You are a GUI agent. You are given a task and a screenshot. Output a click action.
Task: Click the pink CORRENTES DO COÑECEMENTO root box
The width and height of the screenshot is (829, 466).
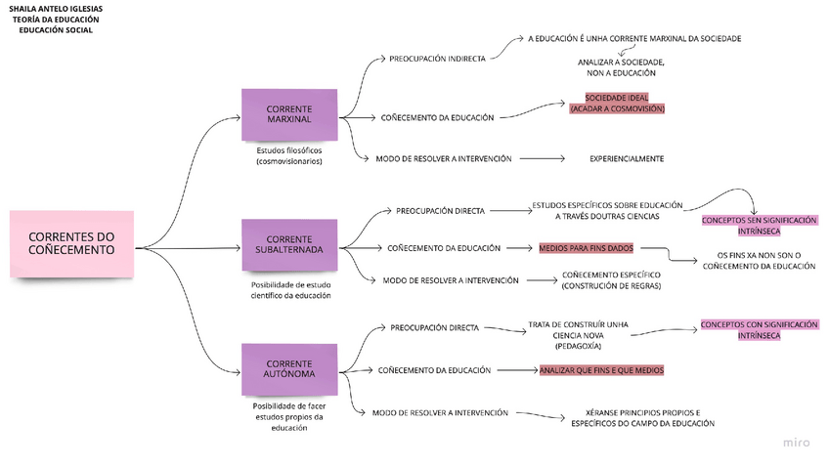(72, 243)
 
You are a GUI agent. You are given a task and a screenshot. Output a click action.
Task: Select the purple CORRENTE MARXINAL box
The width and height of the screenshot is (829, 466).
(289, 114)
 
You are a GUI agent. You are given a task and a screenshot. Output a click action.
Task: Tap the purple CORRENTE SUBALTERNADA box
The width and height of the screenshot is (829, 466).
(289, 244)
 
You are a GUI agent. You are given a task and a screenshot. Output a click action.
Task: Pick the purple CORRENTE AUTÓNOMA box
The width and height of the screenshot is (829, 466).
(289, 368)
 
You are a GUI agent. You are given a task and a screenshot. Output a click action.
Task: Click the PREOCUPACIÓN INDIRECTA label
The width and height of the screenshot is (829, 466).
(437, 59)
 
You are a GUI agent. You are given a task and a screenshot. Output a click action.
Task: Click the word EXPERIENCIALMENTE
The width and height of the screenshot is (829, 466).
(627, 158)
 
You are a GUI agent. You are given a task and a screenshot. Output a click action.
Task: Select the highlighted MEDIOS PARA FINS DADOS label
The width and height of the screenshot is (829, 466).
(586, 248)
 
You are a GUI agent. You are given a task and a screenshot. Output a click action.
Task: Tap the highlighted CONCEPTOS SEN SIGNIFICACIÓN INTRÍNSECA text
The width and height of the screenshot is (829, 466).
(760, 226)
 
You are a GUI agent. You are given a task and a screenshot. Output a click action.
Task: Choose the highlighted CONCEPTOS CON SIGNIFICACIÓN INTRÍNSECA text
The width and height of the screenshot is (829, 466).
(760, 329)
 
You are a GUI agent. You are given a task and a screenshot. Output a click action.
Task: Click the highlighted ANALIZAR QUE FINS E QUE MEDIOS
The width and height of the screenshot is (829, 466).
(601, 370)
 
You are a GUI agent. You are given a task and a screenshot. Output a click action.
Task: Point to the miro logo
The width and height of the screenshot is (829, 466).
(796, 443)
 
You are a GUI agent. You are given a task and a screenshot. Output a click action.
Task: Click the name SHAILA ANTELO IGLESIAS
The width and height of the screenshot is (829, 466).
(56, 9)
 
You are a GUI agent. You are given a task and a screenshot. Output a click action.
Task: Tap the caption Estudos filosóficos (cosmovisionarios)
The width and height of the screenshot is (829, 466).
(289, 156)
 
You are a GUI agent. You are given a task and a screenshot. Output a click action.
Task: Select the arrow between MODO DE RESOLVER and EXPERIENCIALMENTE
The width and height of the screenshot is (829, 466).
(542, 158)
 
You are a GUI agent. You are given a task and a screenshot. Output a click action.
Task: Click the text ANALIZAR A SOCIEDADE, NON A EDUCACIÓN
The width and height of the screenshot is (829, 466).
(621, 67)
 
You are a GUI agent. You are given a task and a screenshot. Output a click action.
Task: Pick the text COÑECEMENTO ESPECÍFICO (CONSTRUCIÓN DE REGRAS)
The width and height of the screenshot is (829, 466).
(611, 280)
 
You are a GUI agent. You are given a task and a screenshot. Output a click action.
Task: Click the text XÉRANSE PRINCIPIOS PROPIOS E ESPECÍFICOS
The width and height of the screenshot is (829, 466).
(643, 418)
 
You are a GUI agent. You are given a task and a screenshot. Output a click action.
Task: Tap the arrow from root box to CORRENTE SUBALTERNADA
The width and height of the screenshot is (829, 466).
(188, 248)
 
